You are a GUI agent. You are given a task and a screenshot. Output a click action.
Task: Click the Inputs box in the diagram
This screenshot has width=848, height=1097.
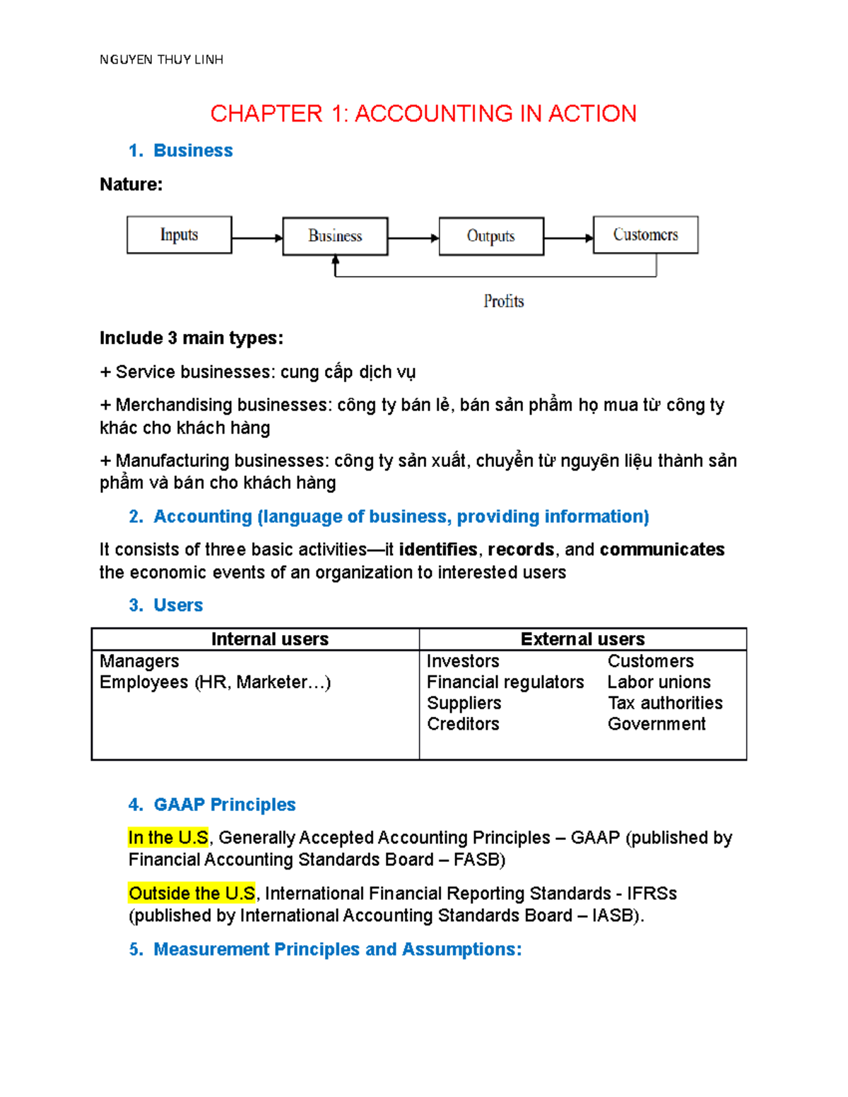point(179,235)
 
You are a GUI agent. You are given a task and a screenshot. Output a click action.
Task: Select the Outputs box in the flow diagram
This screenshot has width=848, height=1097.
point(491,236)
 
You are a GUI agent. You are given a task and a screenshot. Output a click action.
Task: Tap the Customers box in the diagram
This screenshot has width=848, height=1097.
point(645,235)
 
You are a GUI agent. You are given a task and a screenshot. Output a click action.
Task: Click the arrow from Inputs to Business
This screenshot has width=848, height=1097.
point(257,238)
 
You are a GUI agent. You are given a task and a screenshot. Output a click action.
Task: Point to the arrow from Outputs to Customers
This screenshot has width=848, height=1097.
point(569,238)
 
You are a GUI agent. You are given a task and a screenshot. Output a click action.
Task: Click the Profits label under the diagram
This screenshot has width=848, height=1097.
point(503,302)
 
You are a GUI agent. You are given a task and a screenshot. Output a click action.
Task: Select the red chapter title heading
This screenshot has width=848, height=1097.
point(423,114)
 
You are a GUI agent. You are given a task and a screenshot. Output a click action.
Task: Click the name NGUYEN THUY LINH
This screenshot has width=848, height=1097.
point(161,60)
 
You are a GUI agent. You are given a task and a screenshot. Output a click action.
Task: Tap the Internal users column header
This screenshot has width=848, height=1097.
point(269,639)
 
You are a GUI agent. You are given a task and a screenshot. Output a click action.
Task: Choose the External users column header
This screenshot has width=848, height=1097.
point(582,639)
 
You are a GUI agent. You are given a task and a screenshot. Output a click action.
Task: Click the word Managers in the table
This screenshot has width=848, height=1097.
point(139,661)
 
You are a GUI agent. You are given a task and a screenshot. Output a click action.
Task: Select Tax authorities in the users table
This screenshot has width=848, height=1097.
point(665,703)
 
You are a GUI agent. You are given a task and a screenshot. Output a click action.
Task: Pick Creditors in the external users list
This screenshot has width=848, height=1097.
point(463,724)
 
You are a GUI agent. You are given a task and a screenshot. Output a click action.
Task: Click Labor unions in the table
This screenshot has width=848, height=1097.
point(659,682)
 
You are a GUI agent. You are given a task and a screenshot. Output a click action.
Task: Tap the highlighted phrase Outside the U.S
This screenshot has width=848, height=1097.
point(192,894)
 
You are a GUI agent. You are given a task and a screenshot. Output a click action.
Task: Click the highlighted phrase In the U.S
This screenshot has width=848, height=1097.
point(168,838)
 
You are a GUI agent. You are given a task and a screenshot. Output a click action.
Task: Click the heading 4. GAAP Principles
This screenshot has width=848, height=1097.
point(212,805)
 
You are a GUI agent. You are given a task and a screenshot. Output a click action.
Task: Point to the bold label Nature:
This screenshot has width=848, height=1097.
point(131,184)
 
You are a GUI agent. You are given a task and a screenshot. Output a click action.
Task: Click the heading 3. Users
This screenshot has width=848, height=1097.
point(166,605)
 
